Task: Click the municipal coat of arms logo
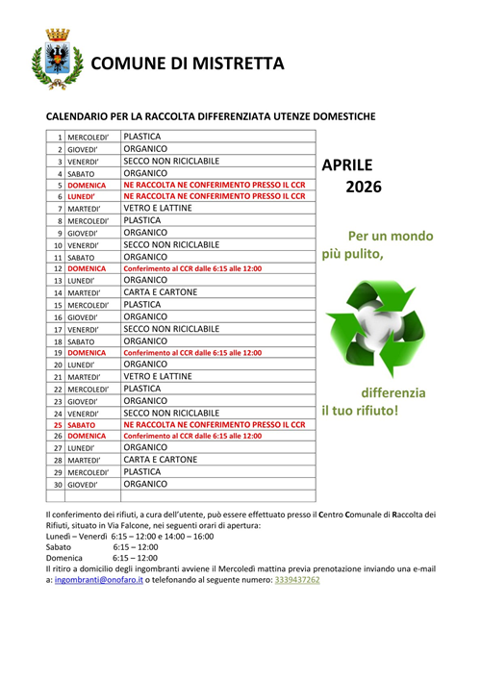pyautogui.click(x=51, y=59)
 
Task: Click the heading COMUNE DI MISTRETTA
pyautogui.click(x=188, y=63)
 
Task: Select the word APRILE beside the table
pyautogui.click(x=346, y=164)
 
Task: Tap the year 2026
pyautogui.click(x=363, y=187)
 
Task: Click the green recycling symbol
pyautogui.click(x=369, y=327)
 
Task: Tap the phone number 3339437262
pyautogui.click(x=297, y=580)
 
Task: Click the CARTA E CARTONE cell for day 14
pyautogui.click(x=161, y=291)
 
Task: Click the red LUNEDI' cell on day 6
pyautogui.click(x=82, y=196)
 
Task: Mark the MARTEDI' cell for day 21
pyautogui.click(x=84, y=377)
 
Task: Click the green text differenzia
pyautogui.click(x=392, y=392)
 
